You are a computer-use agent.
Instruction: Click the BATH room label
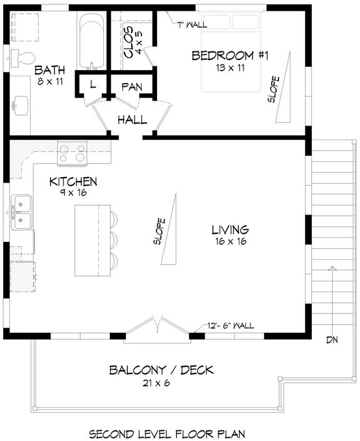pos(47,69)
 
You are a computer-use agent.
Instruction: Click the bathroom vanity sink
pos(21,104)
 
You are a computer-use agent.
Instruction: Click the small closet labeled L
pos(92,85)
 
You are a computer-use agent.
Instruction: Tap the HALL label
pos(132,119)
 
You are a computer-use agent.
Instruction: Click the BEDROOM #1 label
pos(230,56)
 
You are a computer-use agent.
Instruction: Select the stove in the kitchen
pos(72,153)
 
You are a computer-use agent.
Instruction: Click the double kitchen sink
pos(23,211)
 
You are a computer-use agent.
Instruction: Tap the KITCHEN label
pos(73,182)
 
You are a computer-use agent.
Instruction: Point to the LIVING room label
pos(230,230)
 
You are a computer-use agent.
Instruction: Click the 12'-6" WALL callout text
pos(231,325)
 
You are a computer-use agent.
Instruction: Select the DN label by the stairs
pos(334,340)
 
